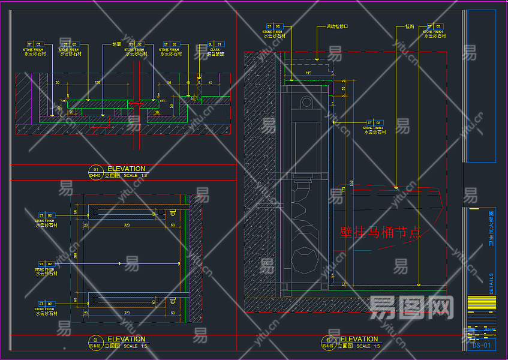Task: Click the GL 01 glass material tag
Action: coord(215,44)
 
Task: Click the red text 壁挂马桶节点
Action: coord(380,232)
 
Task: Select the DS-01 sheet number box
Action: coord(481,345)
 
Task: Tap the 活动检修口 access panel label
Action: coord(337,27)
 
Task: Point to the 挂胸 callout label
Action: coord(410,27)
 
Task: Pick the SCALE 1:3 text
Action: coord(136,176)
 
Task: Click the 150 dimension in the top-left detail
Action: coord(98,82)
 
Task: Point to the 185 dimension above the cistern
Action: coord(308,73)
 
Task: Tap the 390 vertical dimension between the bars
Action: coord(76,255)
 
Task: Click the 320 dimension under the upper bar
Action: coord(127,225)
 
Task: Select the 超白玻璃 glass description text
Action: coord(215,54)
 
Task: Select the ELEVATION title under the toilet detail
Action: coord(359,339)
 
